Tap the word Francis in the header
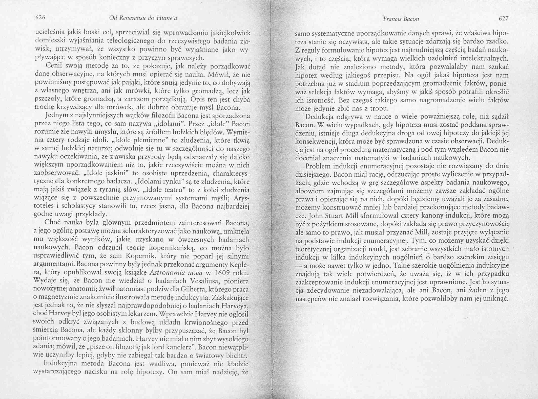click(x=391, y=19)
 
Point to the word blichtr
click(x=236, y=356)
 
